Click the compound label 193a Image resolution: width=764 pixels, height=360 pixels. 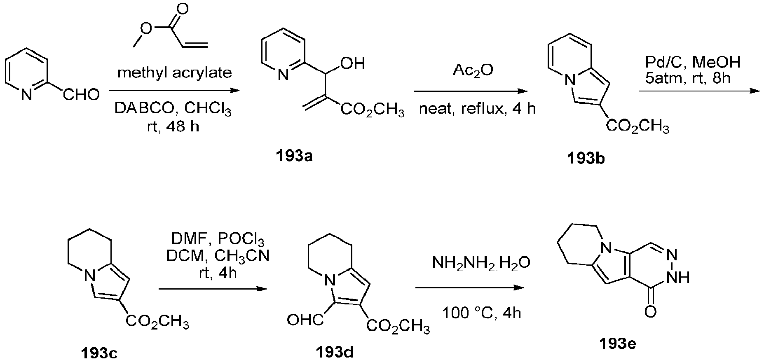coord(294,157)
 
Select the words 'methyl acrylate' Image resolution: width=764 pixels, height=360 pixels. coord(175,73)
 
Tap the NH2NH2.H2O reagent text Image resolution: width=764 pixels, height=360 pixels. coord(481,262)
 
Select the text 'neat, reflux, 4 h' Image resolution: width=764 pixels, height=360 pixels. coord(477,109)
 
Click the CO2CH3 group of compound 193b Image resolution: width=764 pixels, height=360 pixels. coord(637,126)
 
